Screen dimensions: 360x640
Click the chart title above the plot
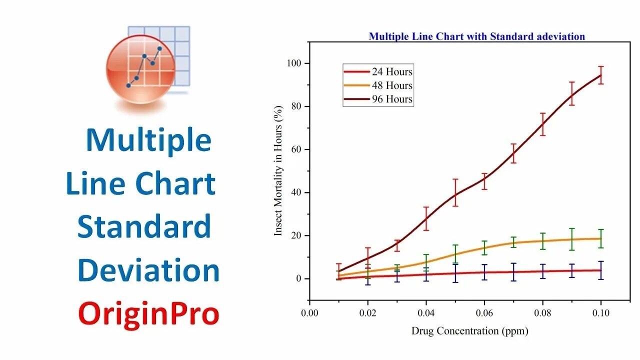[x=476, y=36]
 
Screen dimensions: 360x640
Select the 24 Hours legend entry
[x=378, y=72]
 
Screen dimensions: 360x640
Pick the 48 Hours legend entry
[x=378, y=85]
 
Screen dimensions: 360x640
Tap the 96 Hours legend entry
[x=378, y=99]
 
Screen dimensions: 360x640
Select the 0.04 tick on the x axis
[x=426, y=313]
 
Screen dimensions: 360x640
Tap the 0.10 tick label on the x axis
[x=601, y=313]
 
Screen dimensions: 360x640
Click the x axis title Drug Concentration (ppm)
[x=469, y=330]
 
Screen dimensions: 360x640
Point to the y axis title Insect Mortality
[x=278, y=170]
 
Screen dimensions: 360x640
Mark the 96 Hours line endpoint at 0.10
[x=601, y=75]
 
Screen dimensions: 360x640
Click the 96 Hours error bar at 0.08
[x=542, y=124]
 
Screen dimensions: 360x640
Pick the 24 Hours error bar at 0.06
[x=484, y=272]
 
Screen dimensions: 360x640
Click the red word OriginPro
[x=149, y=314]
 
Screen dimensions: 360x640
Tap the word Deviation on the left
[x=148, y=270]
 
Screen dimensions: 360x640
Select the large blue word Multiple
[x=148, y=140]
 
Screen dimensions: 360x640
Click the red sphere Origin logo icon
[x=140, y=70]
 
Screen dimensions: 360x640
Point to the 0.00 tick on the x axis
[x=309, y=313]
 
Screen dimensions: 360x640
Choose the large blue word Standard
[x=144, y=227]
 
